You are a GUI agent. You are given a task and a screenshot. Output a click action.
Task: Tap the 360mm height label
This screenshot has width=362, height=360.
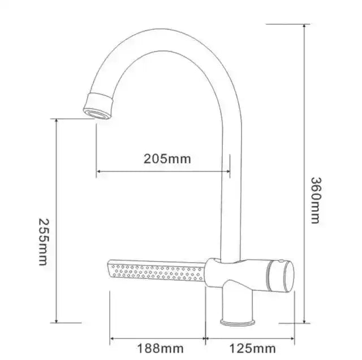tap(316, 199)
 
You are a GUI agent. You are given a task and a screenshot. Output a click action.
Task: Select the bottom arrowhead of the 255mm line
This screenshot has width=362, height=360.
tap(57, 320)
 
